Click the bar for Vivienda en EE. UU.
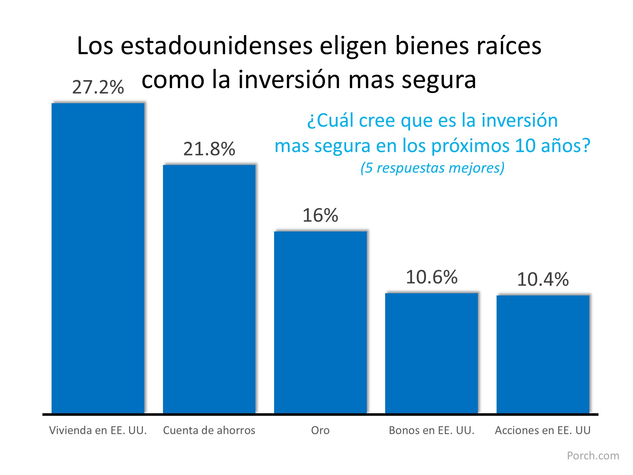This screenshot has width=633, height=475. [98, 258]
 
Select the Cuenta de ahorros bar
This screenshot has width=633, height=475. [209, 289]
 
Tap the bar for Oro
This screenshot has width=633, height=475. [320, 322]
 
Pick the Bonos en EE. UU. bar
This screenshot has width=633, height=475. [431, 353]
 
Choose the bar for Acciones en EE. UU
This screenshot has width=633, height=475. [543, 354]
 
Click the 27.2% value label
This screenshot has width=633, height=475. [98, 87]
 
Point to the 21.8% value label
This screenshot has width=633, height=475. [209, 149]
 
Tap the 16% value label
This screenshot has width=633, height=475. [320, 215]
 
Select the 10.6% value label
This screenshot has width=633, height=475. [431, 277]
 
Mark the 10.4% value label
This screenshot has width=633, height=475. [543, 279]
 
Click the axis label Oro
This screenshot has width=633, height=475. [320, 430]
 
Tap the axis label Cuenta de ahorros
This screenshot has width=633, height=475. [209, 430]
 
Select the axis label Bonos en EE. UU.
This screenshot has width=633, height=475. [431, 430]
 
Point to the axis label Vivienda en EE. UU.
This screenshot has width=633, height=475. [98, 430]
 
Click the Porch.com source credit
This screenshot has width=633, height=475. [593, 456]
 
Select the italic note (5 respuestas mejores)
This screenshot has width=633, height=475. [432, 168]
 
